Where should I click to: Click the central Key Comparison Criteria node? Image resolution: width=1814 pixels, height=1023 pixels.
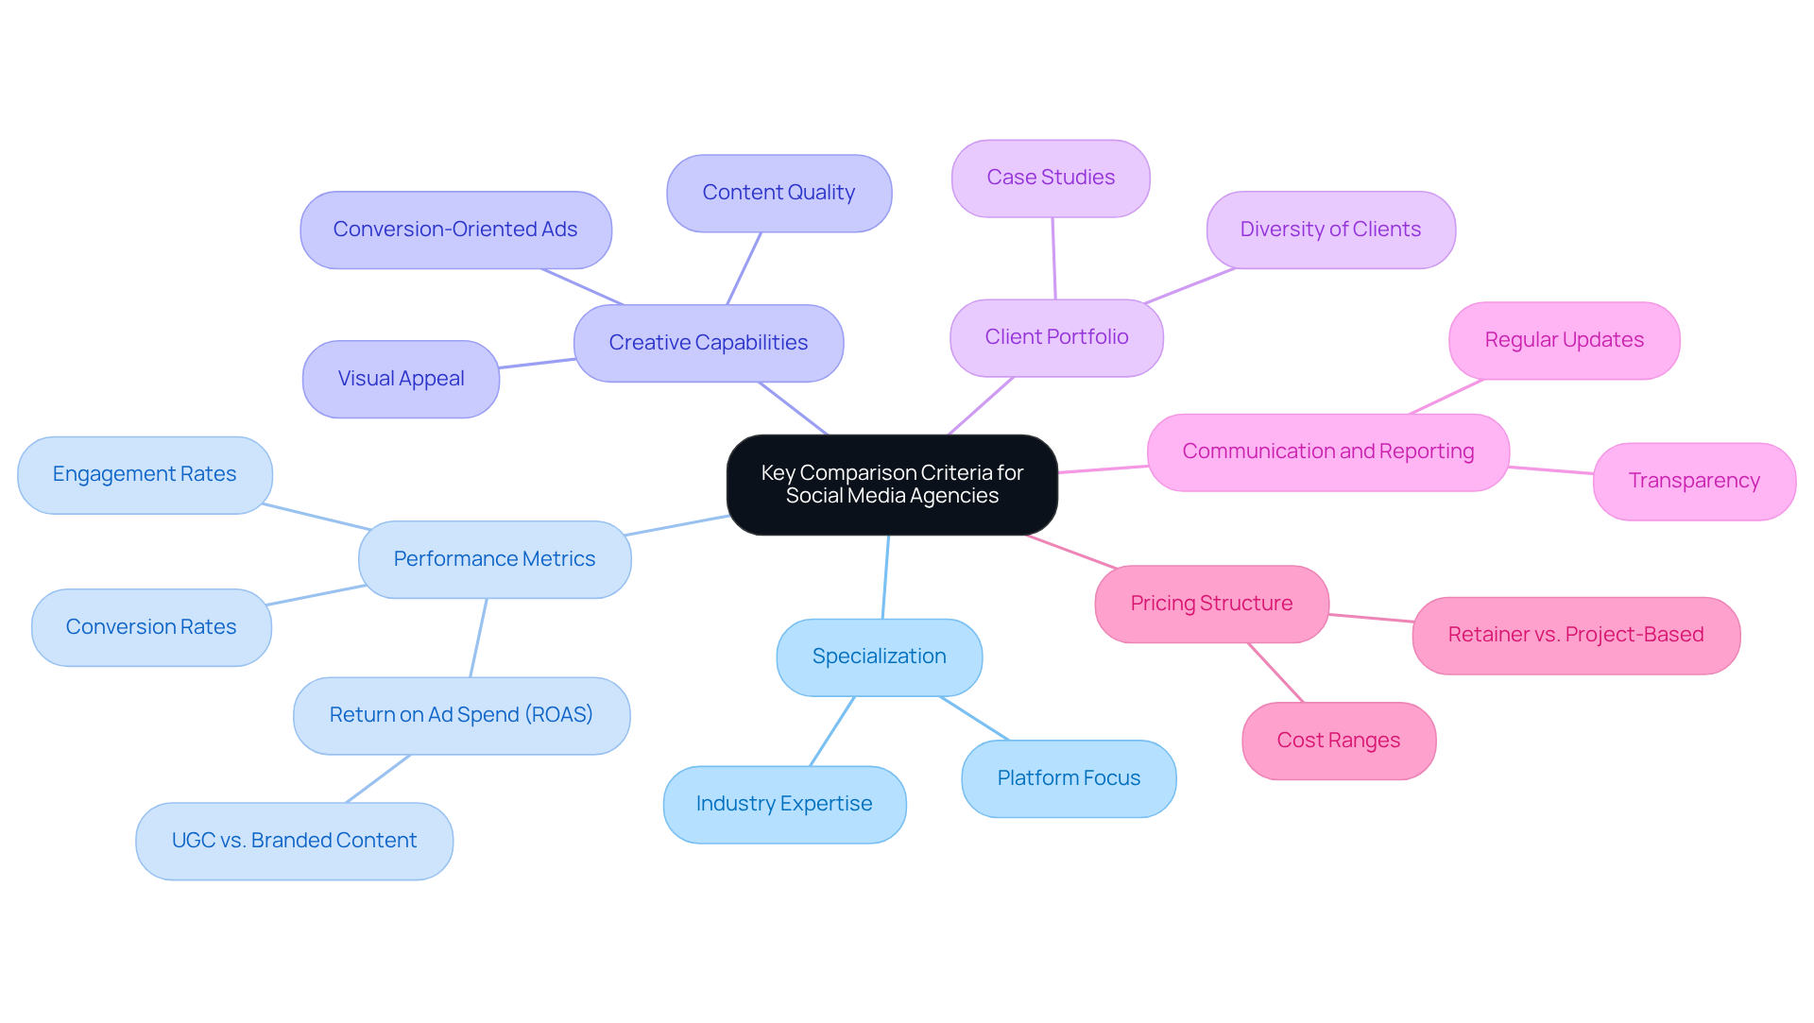[x=892, y=485]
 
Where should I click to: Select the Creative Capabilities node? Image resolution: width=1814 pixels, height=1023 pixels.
[x=709, y=343]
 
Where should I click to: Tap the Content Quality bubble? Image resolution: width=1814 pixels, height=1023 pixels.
[x=779, y=193]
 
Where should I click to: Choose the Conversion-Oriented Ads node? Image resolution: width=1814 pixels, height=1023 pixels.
[x=455, y=230]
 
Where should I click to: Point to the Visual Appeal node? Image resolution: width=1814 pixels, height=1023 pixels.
[x=401, y=379]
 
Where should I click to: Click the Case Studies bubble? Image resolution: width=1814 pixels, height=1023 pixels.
[x=1051, y=178]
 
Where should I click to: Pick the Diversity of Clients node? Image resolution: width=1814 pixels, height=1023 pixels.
[x=1330, y=230]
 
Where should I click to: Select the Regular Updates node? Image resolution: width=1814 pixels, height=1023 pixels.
[x=1564, y=340]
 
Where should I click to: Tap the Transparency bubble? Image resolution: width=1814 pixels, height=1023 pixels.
[x=1694, y=481]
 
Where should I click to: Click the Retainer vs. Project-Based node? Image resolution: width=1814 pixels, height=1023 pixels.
[x=1576, y=635]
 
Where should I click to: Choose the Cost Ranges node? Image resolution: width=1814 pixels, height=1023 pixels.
[x=1339, y=741]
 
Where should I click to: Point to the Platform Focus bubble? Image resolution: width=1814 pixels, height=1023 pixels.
[x=1069, y=778]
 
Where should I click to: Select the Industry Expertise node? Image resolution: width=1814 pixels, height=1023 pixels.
[x=784, y=804]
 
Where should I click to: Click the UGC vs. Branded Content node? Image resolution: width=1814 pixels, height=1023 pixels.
[x=294, y=841]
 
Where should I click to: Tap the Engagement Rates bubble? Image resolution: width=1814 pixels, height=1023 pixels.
[x=145, y=474]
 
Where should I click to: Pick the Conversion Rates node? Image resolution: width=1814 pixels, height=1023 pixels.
[x=151, y=627]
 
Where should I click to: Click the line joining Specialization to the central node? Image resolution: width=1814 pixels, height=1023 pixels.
[x=885, y=576]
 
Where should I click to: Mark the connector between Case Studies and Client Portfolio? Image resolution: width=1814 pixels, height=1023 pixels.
[x=1053, y=258]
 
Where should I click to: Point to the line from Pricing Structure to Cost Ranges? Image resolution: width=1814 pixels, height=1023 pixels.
[x=1275, y=673]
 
